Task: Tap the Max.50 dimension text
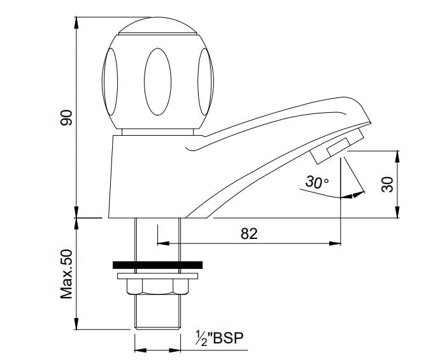(x=67, y=274)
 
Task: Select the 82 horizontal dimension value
(x=249, y=234)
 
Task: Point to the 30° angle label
(x=316, y=182)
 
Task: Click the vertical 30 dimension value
(x=387, y=184)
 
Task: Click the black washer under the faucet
(x=157, y=264)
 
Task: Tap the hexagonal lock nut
(x=157, y=287)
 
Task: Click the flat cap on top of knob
(x=157, y=26)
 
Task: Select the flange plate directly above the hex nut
(x=157, y=275)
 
